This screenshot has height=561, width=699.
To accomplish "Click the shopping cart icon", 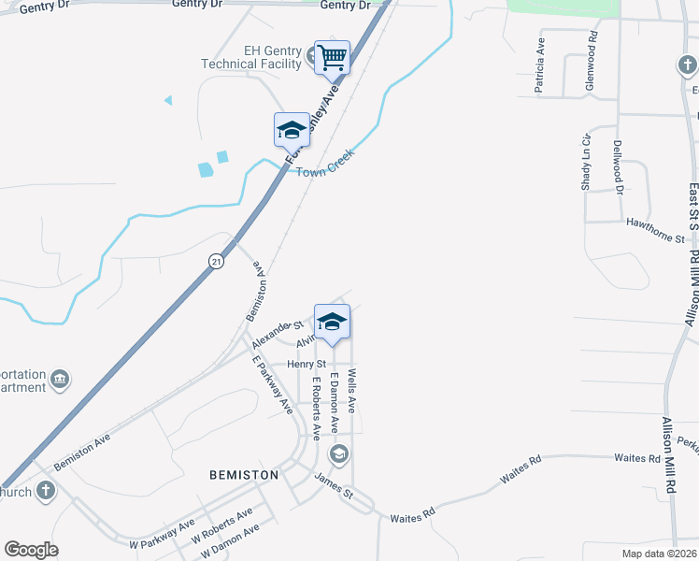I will [x=332, y=58].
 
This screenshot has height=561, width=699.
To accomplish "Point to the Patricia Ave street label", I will [x=539, y=66].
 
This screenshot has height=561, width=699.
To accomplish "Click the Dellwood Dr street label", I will [x=619, y=167].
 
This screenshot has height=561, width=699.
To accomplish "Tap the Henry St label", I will [x=307, y=364].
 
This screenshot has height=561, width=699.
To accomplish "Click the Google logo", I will [x=31, y=550].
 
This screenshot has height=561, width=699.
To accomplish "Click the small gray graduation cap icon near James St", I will [x=339, y=455].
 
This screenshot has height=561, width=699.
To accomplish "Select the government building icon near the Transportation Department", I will [x=60, y=379].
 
